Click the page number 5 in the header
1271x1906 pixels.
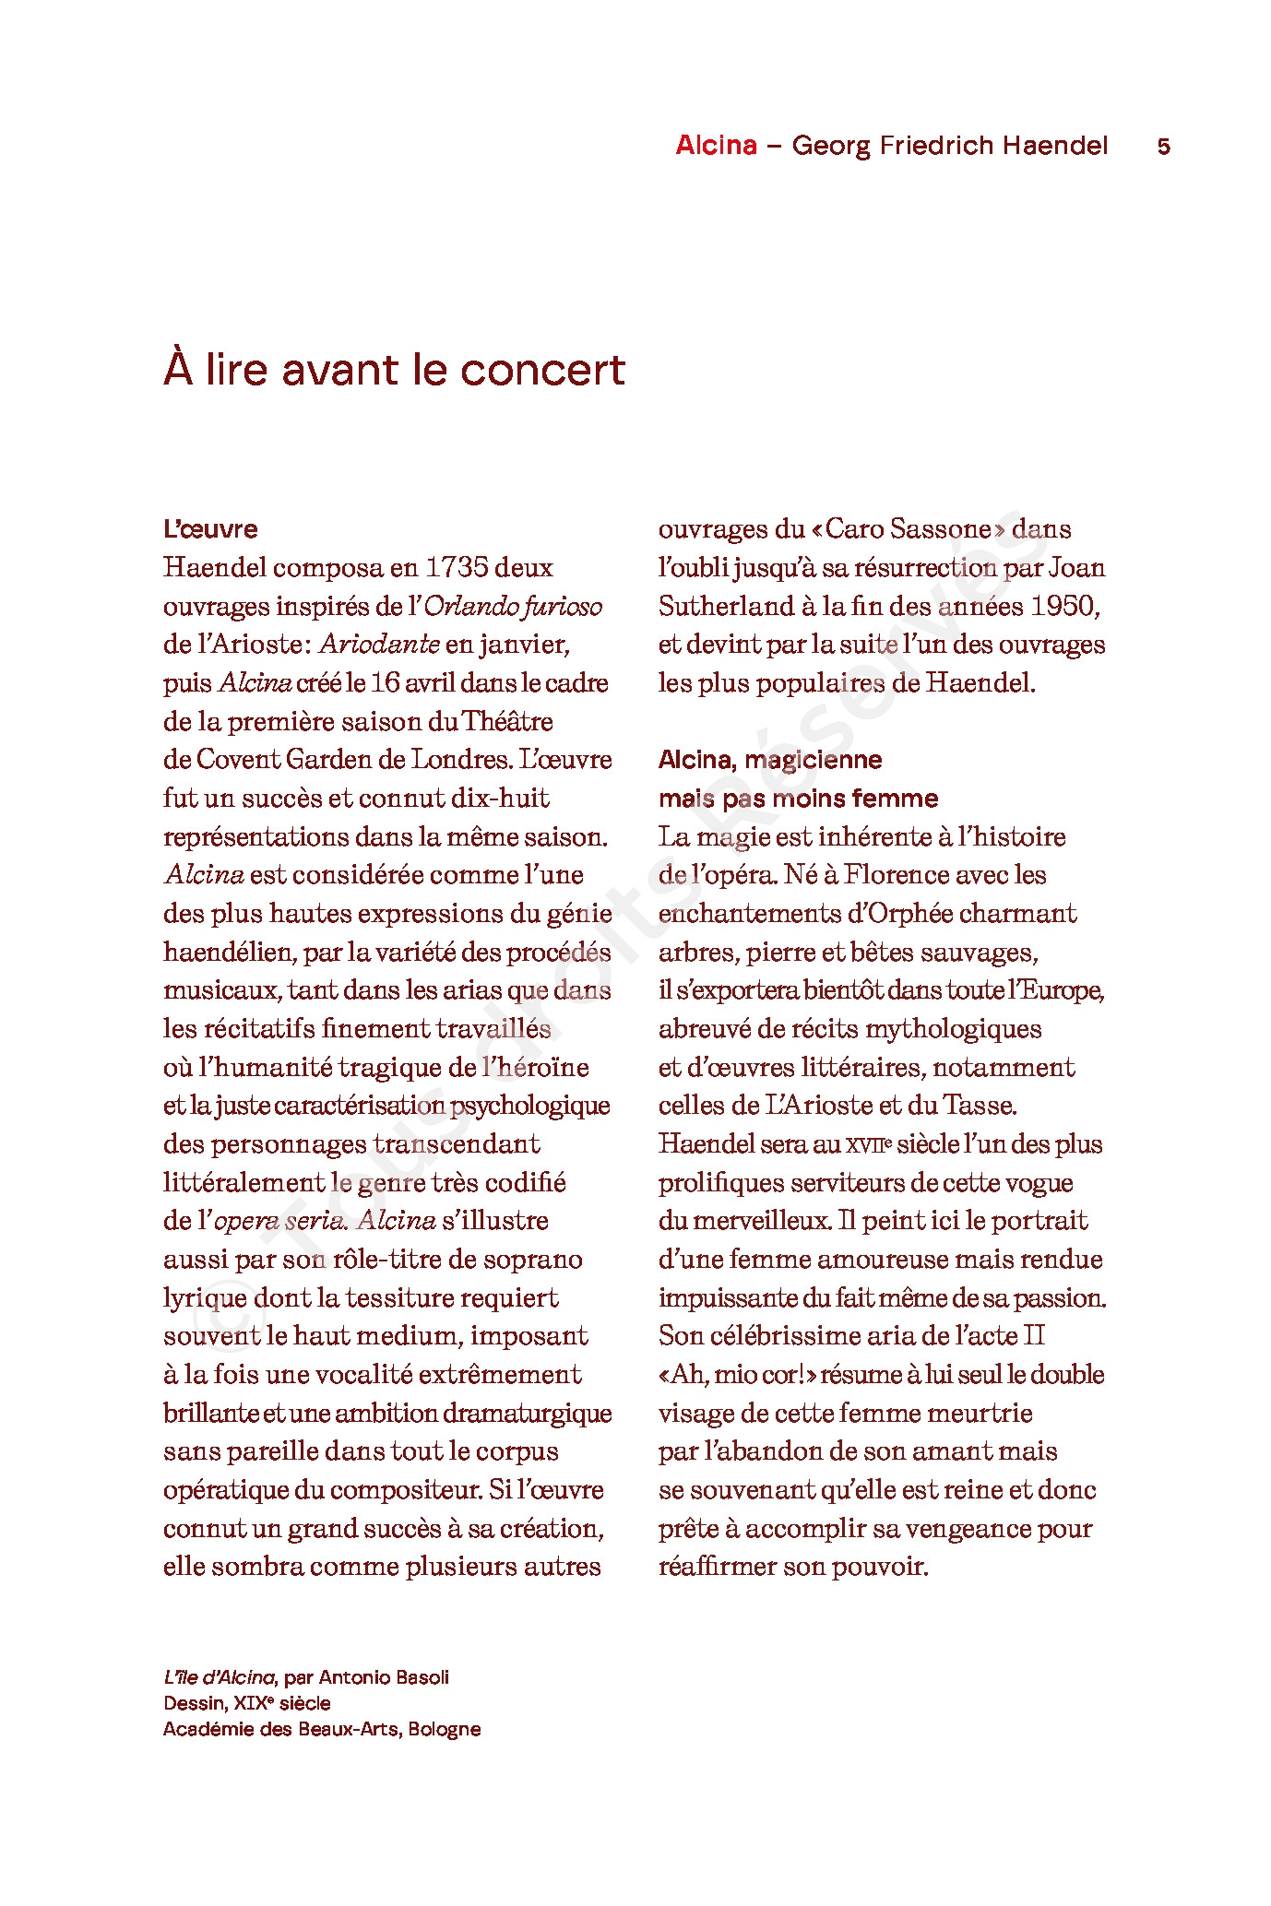click(1163, 147)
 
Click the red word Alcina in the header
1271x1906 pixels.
click(716, 146)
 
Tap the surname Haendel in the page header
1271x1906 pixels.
click(1055, 146)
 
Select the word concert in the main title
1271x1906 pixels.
click(542, 370)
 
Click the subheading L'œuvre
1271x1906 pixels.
click(210, 529)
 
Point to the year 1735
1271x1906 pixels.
click(450, 568)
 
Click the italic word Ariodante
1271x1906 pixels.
click(379, 645)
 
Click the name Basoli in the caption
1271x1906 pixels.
click(422, 1677)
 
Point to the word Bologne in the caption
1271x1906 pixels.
click(445, 1729)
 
